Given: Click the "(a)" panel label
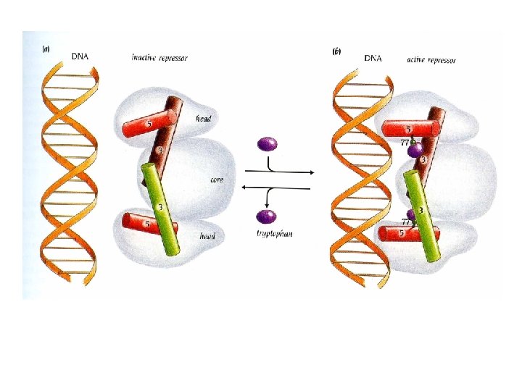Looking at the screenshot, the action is pyautogui.click(x=46, y=49).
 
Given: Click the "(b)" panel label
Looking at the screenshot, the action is pyautogui.click(x=337, y=51).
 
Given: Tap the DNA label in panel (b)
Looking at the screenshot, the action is pyautogui.click(x=373, y=57).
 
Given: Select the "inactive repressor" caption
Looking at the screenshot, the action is pyautogui.click(x=159, y=57).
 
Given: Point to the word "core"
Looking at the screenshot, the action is pyautogui.click(x=216, y=180).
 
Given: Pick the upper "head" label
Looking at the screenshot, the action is pyautogui.click(x=204, y=119).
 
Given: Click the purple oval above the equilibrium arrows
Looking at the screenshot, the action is pyautogui.click(x=268, y=143).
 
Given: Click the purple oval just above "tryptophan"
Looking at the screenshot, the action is pyautogui.click(x=266, y=216).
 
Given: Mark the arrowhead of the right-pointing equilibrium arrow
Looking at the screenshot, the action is pyautogui.click(x=310, y=173).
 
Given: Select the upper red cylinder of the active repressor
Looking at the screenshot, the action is pyautogui.click(x=410, y=128).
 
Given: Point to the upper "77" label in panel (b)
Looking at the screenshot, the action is pyautogui.click(x=405, y=143).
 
